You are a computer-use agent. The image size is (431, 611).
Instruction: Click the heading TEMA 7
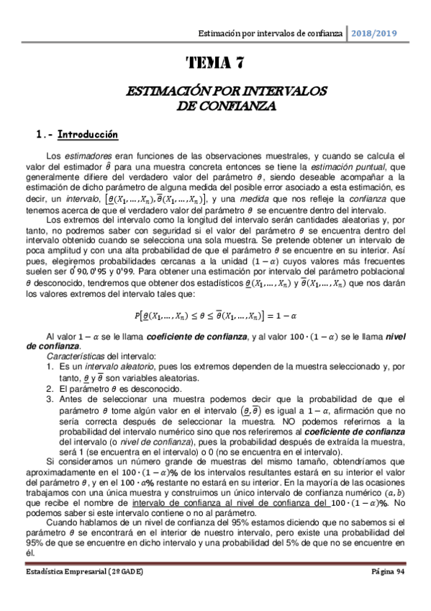coord(215,63)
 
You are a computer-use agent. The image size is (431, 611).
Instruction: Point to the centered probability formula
coord(214,315)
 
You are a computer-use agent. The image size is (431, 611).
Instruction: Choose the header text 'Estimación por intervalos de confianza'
coord(271,33)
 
